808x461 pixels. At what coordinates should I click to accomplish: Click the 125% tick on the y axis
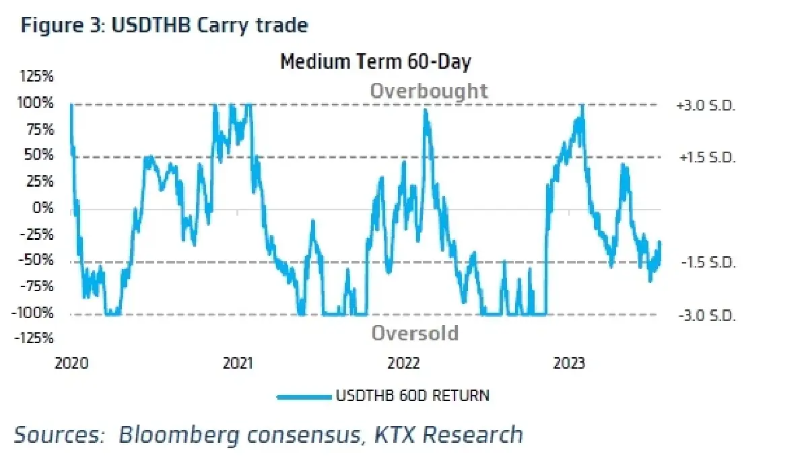[x=37, y=76]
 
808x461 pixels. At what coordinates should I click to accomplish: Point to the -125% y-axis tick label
[x=34, y=338]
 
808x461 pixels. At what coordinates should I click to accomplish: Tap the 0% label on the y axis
[x=43, y=208]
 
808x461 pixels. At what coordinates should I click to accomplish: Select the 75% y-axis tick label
[x=40, y=129]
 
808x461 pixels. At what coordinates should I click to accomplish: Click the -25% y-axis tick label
[x=36, y=234]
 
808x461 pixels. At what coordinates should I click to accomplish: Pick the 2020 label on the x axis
[x=71, y=363]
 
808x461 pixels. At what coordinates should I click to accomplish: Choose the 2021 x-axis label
[x=238, y=363]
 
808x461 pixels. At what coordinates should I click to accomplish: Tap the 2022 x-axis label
[x=403, y=363]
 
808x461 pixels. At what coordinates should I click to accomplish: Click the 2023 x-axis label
[x=569, y=363]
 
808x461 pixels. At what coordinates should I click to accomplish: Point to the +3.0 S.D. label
[x=706, y=106]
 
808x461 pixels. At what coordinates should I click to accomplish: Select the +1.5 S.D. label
[x=707, y=158]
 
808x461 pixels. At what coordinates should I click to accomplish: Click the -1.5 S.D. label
[x=708, y=262]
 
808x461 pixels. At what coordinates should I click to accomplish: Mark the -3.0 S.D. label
[x=707, y=316]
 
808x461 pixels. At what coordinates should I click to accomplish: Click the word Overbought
[x=429, y=90]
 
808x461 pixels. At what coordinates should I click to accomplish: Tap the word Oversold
[x=415, y=332]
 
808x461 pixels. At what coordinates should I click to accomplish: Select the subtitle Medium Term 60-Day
[x=376, y=61]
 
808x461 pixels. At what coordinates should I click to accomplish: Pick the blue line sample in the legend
[x=304, y=397]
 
